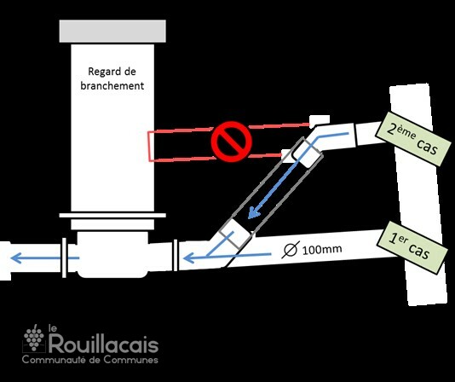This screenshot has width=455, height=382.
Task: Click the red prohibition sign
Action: click(x=231, y=142)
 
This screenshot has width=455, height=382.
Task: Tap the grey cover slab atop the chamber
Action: click(x=112, y=31)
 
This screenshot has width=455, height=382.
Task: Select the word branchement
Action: click(x=112, y=86)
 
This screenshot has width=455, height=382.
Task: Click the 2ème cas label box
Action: click(x=413, y=139)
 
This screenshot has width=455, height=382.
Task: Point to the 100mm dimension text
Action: click(x=322, y=250)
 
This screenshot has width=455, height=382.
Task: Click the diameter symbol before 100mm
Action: click(x=291, y=250)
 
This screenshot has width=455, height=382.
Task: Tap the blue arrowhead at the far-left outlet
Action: click(x=16, y=258)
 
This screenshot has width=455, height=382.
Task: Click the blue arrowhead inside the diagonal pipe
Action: click(x=253, y=212)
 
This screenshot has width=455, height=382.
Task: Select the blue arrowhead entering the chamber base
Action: click(x=189, y=258)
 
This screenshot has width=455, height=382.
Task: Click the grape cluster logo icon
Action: click(x=34, y=338)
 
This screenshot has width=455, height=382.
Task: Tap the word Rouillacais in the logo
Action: click(x=104, y=344)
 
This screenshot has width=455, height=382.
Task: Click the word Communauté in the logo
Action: click(x=54, y=360)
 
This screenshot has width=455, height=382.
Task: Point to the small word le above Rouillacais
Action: click(x=52, y=328)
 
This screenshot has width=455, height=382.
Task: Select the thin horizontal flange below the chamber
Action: click(x=112, y=215)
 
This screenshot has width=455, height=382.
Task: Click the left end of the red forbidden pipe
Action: click(x=149, y=147)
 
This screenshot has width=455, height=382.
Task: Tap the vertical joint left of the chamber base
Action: click(x=64, y=258)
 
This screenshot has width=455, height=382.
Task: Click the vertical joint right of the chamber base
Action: click(x=175, y=255)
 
